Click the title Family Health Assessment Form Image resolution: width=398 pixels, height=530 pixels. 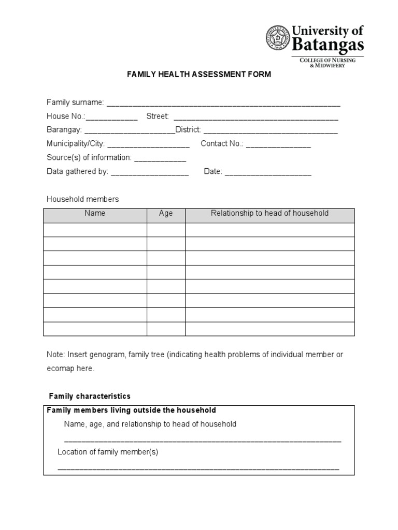199,75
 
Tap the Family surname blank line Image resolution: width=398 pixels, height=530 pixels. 223,104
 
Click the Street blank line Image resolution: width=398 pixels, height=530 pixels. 255,117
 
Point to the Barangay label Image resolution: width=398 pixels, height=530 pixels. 64,129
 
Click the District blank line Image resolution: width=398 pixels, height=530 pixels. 270,131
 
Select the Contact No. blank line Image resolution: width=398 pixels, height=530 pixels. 278,145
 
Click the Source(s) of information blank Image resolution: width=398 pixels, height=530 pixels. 160,159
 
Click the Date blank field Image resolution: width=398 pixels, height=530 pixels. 268,173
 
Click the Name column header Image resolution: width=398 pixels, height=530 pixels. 95,213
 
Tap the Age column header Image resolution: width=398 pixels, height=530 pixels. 166,213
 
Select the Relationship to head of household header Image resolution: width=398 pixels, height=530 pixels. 269,213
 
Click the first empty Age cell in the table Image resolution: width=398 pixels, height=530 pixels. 166,229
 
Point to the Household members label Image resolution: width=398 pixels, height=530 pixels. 83,199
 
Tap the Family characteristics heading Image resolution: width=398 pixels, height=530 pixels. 90,396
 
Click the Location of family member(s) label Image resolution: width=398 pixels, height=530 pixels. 108,452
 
